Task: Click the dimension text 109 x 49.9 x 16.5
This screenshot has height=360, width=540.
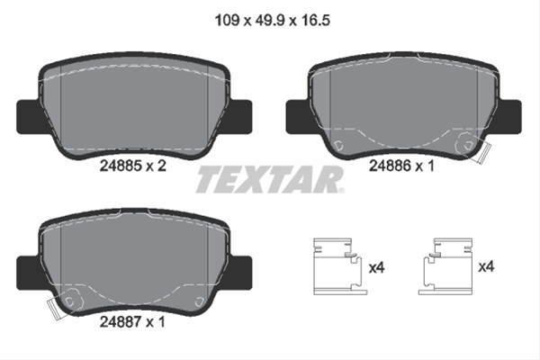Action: (x=271, y=16)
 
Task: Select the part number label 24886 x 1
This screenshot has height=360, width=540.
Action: (x=401, y=165)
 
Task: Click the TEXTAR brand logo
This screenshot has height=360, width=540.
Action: (x=270, y=179)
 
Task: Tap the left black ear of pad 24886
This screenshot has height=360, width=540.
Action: (x=295, y=116)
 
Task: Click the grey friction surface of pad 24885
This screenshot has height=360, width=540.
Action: (x=132, y=103)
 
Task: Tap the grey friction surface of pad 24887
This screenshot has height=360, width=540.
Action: (x=132, y=256)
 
